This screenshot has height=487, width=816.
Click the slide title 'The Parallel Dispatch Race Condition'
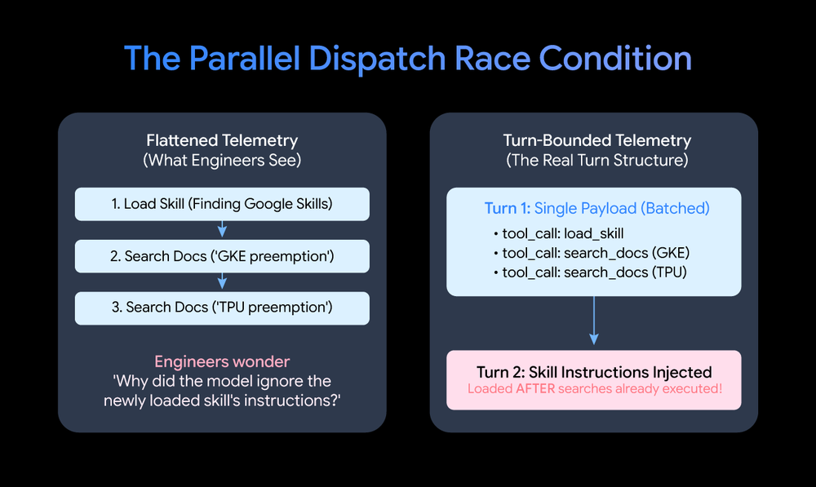pyautogui.click(x=408, y=58)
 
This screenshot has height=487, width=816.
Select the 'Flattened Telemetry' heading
pyautogui.click(x=222, y=140)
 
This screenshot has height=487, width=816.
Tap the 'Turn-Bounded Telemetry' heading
pyautogui.click(x=597, y=140)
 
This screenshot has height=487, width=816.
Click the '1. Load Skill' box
pyautogui.click(x=222, y=204)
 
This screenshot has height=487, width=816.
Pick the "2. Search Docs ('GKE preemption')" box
pyautogui.click(x=222, y=256)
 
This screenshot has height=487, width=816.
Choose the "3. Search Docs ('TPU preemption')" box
pyautogui.click(x=222, y=308)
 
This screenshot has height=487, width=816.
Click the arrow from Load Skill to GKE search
pyautogui.click(x=222, y=229)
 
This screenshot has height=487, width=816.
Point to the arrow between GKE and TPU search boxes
pyautogui.click(x=222, y=281)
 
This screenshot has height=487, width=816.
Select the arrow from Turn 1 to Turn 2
pyautogui.click(x=594, y=321)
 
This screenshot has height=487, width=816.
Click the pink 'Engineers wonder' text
pyautogui.click(x=222, y=361)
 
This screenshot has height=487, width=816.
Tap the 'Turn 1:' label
pyautogui.click(x=508, y=208)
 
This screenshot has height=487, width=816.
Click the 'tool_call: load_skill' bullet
pyautogui.click(x=558, y=233)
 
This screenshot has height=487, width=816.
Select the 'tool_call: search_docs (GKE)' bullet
pyautogui.click(x=591, y=253)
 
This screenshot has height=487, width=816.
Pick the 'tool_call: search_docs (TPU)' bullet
pyautogui.click(x=590, y=272)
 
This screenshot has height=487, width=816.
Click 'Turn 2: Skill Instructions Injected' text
pyautogui.click(x=594, y=372)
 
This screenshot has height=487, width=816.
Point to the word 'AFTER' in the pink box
pyautogui.click(x=535, y=388)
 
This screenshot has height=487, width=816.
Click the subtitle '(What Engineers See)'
pyautogui.click(x=222, y=160)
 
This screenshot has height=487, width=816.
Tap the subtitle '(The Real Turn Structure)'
pyautogui.click(x=597, y=160)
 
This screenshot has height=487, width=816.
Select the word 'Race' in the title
pyautogui.click(x=493, y=58)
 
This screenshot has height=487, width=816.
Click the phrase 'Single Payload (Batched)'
pyautogui.click(x=622, y=208)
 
